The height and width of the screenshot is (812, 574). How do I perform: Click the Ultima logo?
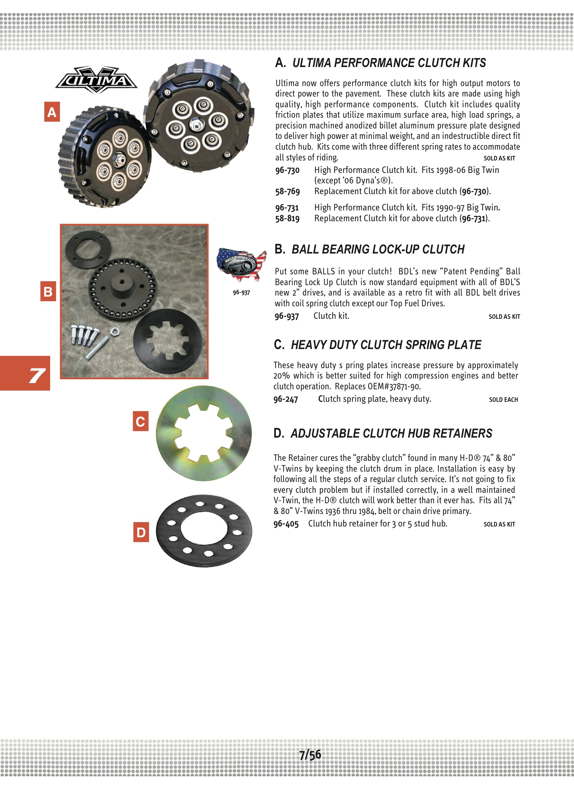point(96,80)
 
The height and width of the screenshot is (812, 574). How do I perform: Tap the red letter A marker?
point(52,112)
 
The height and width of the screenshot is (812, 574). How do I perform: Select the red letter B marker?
point(48,291)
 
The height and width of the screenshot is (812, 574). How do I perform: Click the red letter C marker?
point(140,421)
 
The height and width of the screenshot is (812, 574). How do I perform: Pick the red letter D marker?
point(141,532)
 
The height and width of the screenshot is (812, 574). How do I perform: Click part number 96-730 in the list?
point(287,170)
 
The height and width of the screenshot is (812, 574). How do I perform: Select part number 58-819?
point(287,218)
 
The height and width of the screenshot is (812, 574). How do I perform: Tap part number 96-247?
point(286,399)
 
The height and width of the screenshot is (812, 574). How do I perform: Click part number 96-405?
point(286,524)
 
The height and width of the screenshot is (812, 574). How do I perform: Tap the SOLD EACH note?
point(503,400)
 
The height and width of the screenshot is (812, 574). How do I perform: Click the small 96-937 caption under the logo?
point(241,292)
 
